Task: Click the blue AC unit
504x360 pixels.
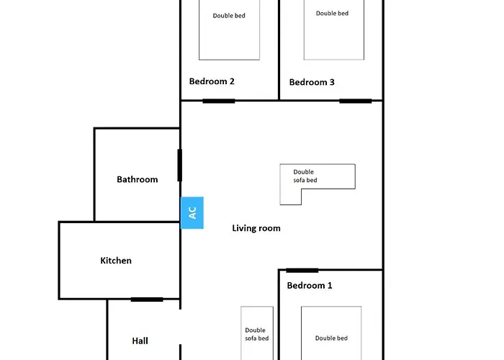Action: point(192,213)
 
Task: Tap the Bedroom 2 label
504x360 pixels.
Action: point(212,81)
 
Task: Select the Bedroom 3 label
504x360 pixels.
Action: point(312,82)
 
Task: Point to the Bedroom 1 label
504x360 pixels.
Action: point(310,285)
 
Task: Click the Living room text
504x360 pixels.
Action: point(256,228)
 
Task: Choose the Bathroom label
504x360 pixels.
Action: point(138,179)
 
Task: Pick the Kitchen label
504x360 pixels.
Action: point(116,261)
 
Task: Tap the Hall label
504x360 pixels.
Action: point(140,341)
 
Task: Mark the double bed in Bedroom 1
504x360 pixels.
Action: point(331,333)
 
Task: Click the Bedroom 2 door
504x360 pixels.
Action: point(219,101)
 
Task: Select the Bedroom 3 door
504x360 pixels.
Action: point(356,101)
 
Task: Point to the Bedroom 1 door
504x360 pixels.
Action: point(302,271)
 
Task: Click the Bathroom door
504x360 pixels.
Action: point(180,165)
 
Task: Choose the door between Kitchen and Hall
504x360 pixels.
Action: point(147,300)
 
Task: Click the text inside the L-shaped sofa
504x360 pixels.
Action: point(304,176)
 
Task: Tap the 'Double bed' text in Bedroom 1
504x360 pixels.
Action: point(331,338)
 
